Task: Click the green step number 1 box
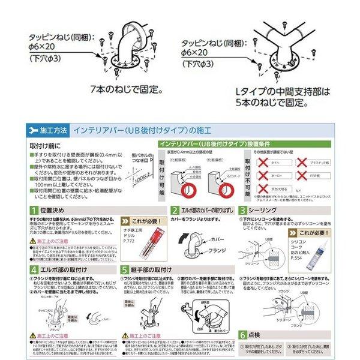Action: [35, 211]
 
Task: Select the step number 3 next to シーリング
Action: [243, 211]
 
